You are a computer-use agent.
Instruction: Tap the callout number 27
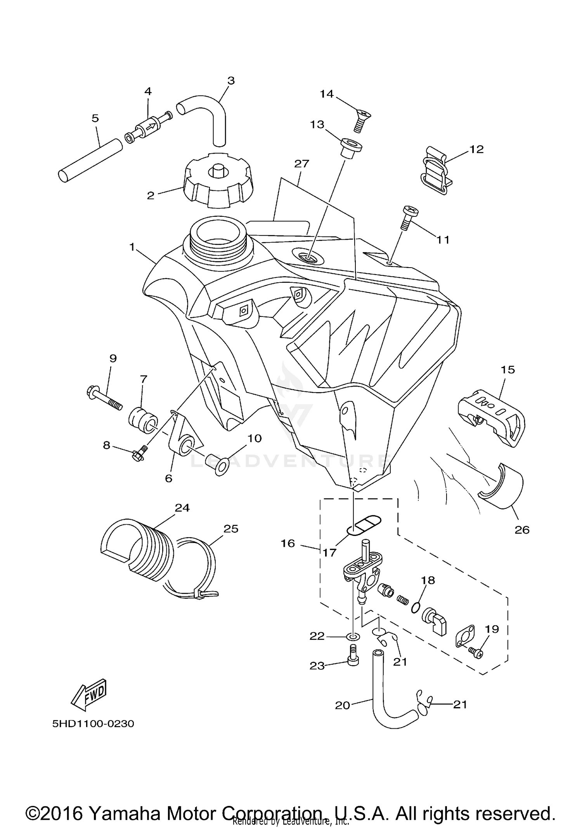301,164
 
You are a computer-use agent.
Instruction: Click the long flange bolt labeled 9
104,397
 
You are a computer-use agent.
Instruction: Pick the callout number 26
522,530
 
